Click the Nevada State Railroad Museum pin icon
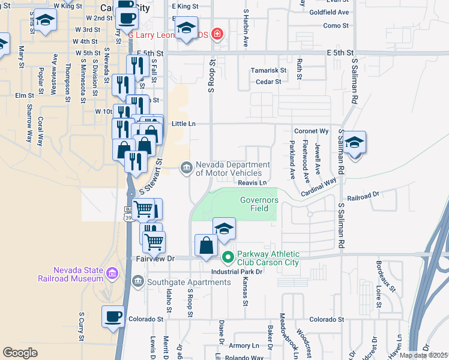point(112,274)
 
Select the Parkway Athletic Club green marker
point(228,258)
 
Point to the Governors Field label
point(259,204)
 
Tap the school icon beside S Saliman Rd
point(355,143)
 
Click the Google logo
point(20,353)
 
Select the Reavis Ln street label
point(252,182)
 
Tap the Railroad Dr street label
point(364,195)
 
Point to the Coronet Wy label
point(312,131)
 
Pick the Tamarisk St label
point(269,70)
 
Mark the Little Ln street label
point(184,124)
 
